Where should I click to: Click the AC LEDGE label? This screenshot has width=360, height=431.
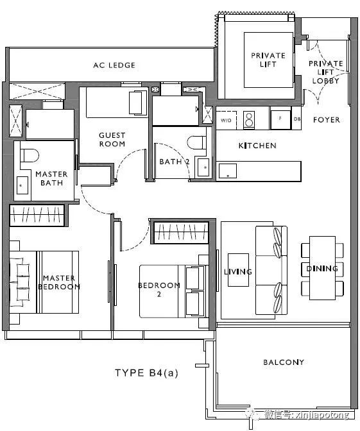[114, 65]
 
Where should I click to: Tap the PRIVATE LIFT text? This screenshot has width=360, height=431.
[268, 60]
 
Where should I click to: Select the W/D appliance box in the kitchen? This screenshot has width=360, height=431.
[226, 120]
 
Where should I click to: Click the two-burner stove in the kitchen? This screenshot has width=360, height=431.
[249, 120]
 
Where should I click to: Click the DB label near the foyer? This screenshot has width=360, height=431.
[297, 119]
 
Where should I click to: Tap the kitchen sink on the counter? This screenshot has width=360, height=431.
[228, 171]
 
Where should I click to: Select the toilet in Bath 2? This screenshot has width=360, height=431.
[196, 142]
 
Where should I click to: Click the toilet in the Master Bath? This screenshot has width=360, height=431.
[30, 155]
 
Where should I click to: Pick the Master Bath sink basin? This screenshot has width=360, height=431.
[22, 185]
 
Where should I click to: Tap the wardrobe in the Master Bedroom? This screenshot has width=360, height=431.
[37, 215]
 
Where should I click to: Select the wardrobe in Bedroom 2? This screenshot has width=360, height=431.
[181, 232]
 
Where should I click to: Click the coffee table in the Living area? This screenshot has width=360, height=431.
[238, 270]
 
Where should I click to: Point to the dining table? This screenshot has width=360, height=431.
[322, 267]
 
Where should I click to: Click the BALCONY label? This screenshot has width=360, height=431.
[284, 362]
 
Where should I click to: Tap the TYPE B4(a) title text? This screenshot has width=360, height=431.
[146, 373]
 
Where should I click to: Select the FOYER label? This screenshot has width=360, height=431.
[327, 119]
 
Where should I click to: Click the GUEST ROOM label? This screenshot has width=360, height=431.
[112, 139]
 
